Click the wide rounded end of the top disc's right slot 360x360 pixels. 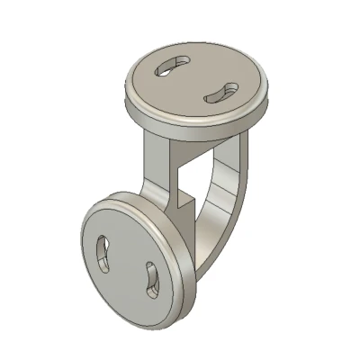point(229,89)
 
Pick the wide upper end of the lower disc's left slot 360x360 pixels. point(103,243)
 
